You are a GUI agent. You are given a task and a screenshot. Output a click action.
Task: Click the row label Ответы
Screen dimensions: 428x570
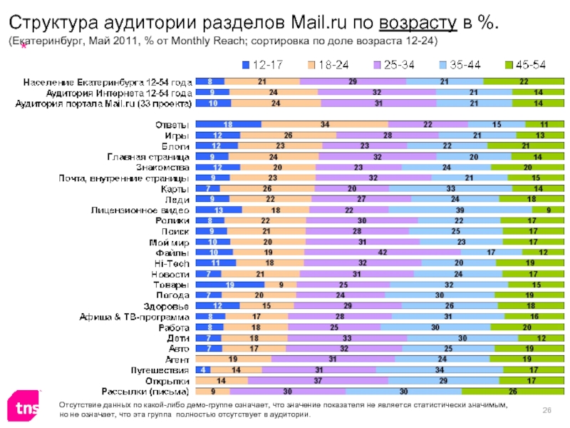pos(173,124)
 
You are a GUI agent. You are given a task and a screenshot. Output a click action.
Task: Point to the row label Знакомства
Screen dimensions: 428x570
pos(162,167)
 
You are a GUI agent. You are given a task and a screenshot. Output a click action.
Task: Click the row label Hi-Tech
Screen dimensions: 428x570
pos(171,263)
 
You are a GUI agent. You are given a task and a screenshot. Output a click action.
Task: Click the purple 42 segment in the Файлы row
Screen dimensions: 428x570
pos(382,253)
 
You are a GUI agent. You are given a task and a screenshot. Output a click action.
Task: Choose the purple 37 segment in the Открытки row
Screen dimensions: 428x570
pos(317,381)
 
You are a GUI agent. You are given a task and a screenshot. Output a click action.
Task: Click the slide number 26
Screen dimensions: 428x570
pos(548,407)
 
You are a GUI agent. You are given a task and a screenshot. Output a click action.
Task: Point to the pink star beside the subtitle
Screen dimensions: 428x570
pos(24,46)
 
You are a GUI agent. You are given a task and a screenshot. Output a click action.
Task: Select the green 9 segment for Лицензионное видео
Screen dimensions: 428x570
pos(548,210)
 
